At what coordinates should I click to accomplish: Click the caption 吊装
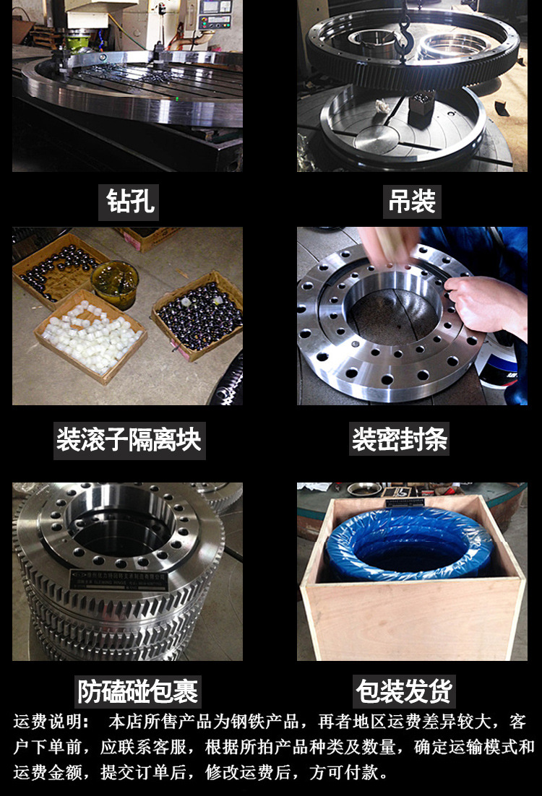(x=412, y=202)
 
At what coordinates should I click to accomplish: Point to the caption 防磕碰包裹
(x=138, y=692)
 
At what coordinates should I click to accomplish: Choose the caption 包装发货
(x=405, y=692)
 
